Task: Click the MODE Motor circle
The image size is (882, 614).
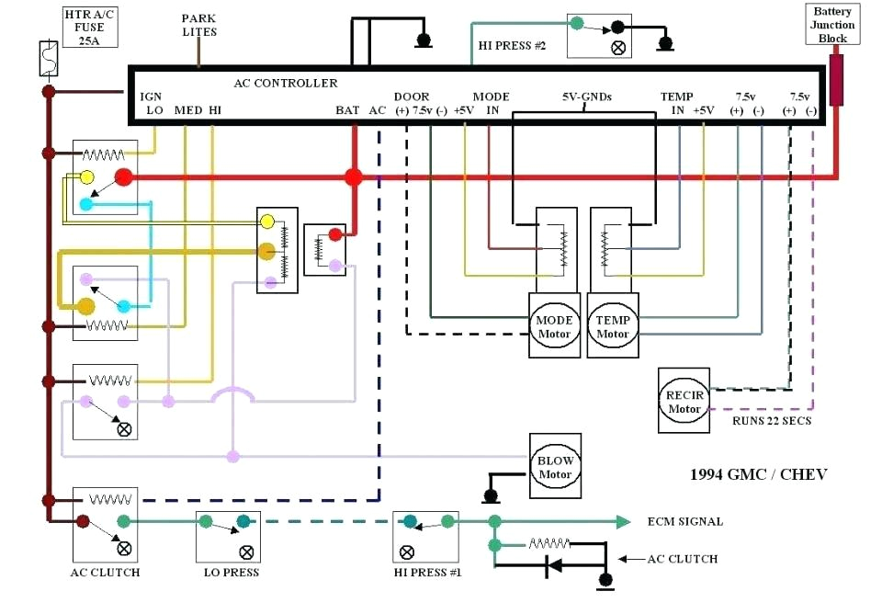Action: (x=554, y=327)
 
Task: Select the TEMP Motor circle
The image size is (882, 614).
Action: (x=612, y=327)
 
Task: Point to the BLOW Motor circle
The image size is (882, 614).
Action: (x=555, y=467)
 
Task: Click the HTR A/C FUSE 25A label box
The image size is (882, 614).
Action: (x=90, y=27)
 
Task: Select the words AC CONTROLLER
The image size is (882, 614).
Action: (x=286, y=83)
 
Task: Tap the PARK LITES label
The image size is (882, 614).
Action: (x=199, y=26)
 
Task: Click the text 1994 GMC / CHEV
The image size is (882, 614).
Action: (x=758, y=474)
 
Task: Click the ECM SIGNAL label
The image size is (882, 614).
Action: (x=684, y=521)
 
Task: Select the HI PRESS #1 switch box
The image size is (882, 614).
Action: (x=425, y=538)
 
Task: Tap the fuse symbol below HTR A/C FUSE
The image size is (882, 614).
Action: (x=48, y=59)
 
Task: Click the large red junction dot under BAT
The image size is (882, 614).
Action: (x=353, y=177)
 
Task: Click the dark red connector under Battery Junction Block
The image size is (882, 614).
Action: (x=836, y=81)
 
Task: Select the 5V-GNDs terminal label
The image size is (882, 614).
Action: (x=587, y=97)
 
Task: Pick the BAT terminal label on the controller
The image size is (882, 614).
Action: (x=347, y=110)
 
